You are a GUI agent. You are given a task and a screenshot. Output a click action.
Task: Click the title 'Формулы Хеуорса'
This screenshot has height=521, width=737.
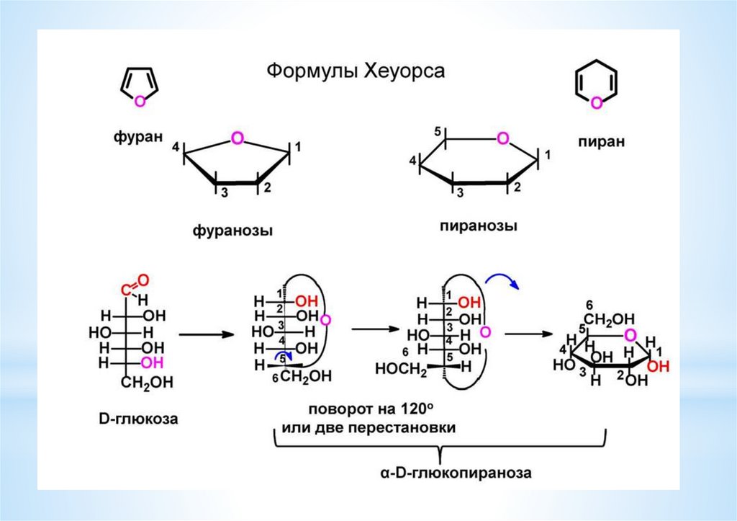[x=356, y=71]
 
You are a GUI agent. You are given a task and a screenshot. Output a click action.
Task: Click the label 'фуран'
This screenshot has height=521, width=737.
[x=137, y=136]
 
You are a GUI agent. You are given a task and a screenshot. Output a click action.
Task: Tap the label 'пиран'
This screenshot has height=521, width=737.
[x=602, y=141]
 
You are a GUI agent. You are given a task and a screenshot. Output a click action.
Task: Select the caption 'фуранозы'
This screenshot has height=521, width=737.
[x=232, y=231]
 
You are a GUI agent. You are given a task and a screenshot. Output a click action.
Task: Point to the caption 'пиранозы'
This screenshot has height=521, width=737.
[x=479, y=226]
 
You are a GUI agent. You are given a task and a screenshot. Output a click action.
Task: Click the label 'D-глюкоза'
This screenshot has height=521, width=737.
[x=139, y=419]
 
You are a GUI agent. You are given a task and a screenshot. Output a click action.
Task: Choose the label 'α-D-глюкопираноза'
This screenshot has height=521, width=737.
[x=456, y=472]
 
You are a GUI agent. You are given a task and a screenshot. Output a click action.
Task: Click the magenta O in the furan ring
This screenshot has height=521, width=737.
[x=139, y=101]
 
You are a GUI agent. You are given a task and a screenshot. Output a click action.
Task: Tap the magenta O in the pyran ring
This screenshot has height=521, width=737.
[x=596, y=102]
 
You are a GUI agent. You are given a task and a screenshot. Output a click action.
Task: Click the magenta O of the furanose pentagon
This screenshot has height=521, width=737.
[x=238, y=138]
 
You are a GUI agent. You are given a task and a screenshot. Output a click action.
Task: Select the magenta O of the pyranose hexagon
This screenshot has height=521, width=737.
[x=503, y=138]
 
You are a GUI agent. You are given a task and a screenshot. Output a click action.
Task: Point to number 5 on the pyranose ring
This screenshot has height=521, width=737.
[x=438, y=132]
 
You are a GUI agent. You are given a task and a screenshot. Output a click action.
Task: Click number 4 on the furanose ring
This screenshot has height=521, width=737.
[x=176, y=148]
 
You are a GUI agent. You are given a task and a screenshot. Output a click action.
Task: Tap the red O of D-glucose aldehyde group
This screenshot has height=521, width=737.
[x=143, y=280]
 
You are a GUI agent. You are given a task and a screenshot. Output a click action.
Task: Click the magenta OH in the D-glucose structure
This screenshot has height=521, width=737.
[x=153, y=363]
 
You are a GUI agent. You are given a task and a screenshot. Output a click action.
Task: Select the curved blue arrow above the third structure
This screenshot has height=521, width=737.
[x=502, y=280]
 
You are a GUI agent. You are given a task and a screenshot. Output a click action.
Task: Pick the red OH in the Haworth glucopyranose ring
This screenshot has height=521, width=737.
[x=658, y=366]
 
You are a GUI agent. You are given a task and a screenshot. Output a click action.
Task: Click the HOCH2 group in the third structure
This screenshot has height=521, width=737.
[x=401, y=368]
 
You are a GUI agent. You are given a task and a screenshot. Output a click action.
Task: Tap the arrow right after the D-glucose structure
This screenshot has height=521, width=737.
[x=207, y=334]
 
